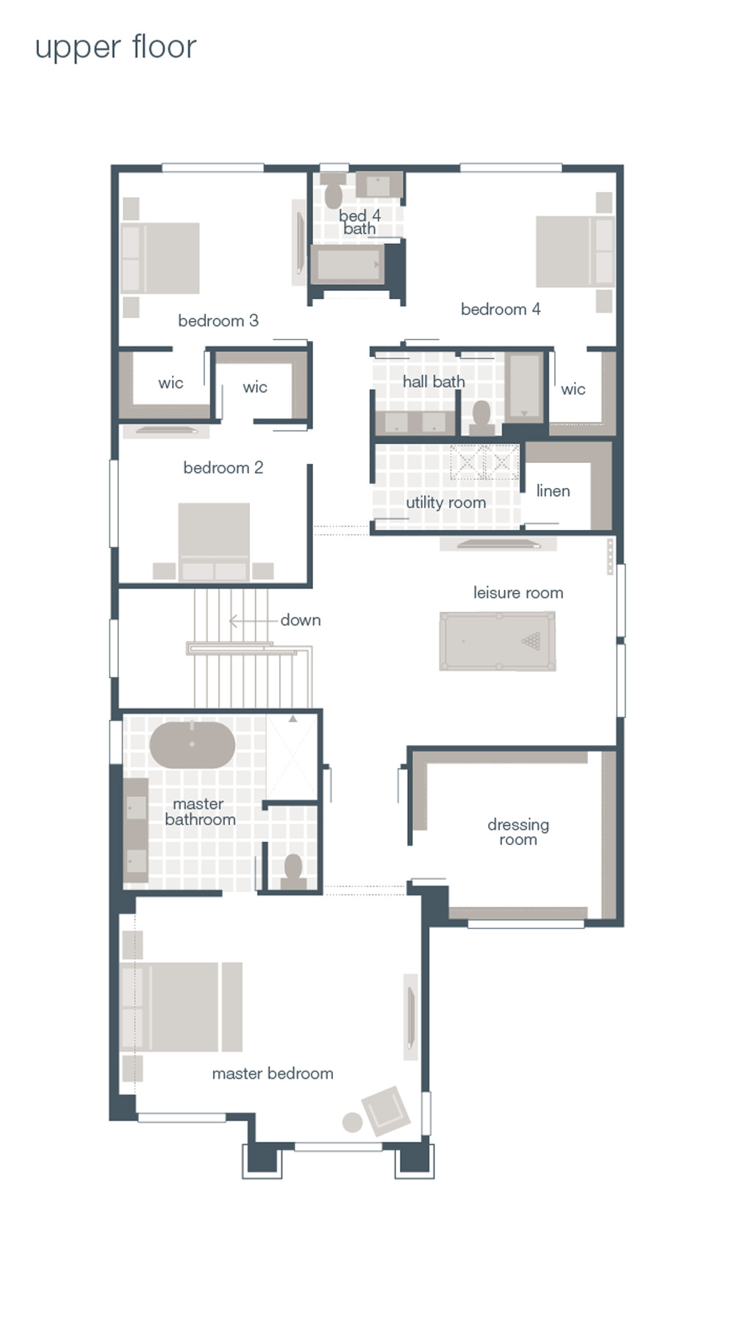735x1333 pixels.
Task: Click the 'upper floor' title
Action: point(115,48)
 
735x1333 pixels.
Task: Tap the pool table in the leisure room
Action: point(498,641)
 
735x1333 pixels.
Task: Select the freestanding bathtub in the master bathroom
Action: point(192,745)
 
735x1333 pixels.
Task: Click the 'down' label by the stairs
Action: point(300,620)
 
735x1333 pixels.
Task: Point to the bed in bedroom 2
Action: point(214,541)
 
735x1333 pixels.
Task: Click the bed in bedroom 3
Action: point(160,257)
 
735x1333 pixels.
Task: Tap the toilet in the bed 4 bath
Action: point(334,193)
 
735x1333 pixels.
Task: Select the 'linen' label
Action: point(553,491)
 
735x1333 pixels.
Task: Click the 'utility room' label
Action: point(445,503)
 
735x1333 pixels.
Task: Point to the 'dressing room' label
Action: point(518,832)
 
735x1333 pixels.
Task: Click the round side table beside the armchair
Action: point(353,1122)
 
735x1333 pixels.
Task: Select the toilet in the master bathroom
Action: point(293,870)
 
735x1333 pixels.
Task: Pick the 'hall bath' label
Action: point(433,381)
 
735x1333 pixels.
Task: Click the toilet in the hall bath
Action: point(482,416)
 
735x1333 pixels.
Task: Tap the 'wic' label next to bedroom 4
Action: point(573,389)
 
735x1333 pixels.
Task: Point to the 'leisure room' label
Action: point(518,593)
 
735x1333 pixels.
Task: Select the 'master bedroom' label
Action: point(272,1074)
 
